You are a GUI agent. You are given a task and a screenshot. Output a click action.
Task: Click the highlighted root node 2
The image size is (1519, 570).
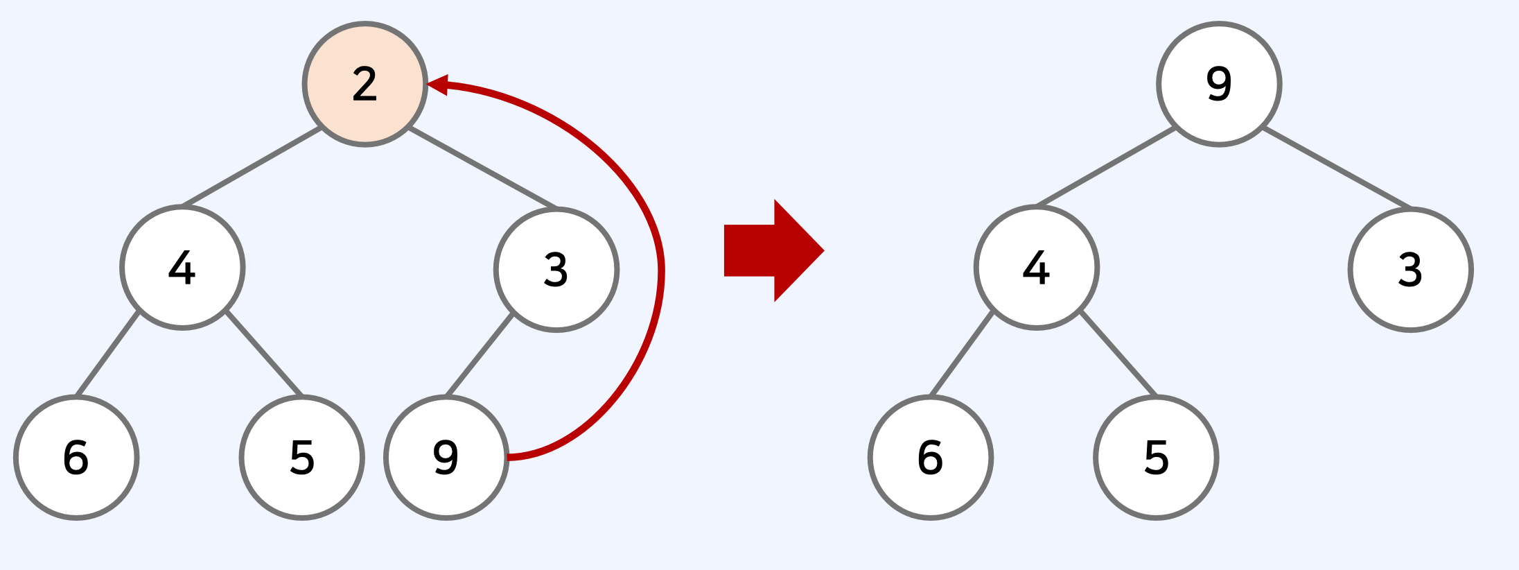pos(365,85)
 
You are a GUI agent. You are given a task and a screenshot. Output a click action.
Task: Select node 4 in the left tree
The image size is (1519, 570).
pos(182,268)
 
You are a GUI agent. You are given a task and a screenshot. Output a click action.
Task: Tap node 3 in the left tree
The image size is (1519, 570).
pos(556,270)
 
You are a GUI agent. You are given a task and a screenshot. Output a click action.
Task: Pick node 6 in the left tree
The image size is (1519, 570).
pos(76,458)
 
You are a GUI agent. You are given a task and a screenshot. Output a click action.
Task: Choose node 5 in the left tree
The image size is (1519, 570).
pos(302,458)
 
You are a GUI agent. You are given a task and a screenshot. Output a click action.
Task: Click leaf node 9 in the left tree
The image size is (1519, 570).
pos(447,458)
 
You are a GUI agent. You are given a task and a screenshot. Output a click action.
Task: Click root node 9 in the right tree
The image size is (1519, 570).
pos(1219,85)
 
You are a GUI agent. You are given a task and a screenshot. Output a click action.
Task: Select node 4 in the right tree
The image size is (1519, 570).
pos(1037,268)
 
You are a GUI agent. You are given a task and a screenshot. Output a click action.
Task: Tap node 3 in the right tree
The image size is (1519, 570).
pos(1411,270)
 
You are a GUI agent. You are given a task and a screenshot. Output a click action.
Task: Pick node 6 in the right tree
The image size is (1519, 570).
pos(931,458)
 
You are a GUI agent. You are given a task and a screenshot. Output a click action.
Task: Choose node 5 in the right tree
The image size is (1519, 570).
pos(1157,458)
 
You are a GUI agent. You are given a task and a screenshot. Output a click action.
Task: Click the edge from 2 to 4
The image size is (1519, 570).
pos(251,167)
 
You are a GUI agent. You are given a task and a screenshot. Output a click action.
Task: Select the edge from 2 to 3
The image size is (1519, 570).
pos(483,168)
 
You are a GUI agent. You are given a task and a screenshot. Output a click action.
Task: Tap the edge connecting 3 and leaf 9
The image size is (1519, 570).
pos(480,355)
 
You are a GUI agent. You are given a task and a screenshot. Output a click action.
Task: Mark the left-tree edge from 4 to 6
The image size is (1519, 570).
pos(107,354)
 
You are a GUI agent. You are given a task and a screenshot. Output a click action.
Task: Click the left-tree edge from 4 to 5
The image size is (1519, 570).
pos(264,354)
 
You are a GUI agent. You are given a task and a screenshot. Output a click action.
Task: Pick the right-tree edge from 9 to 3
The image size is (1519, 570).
pos(1337,168)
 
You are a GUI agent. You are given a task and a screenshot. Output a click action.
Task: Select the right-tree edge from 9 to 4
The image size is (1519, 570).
pos(1105,167)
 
